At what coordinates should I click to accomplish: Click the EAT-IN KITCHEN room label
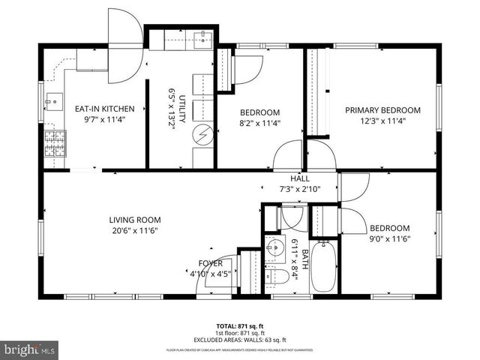click(x=104, y=109)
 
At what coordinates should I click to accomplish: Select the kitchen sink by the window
click(x=53, y=100)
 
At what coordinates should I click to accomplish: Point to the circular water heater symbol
click(x=203, y=136)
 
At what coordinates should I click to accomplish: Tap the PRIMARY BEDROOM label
click(x=382, y=110)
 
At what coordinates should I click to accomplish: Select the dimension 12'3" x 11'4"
click(x=382, y=120)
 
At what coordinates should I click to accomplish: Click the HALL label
click(x=300, y=178)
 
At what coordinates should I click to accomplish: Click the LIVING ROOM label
click(x=135, y=220)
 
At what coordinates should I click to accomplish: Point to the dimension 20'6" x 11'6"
click(x=135, y=230)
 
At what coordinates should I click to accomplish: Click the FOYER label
click(x=210, y=263)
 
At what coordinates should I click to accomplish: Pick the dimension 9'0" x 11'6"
click(x=389, y=239)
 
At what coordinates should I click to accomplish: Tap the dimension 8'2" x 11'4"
click(x=259, y=124)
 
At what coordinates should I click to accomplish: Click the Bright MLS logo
click(x=30, y=349)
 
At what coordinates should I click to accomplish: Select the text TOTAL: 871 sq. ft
click(x=239, y=326)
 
